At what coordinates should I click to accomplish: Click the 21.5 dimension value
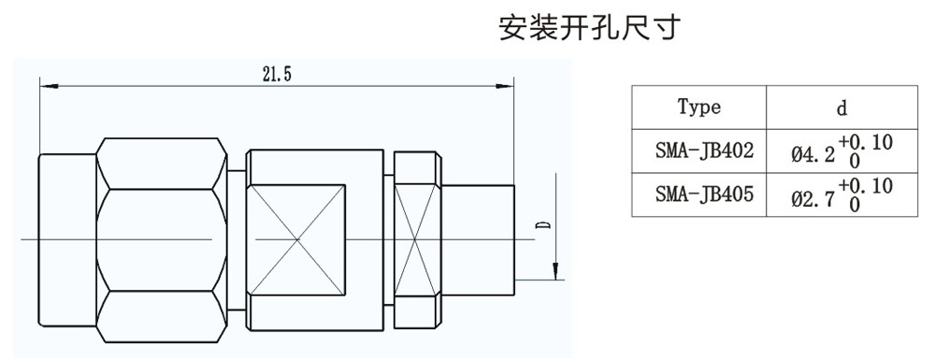click(276, 74)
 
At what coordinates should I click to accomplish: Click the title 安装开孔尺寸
click(589, 28)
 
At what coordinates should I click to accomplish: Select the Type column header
click(698, 108)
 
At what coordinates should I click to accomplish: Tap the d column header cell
click(841, 108)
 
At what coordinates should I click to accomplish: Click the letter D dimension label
click(543, 226)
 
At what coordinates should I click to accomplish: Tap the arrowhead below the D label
click(555, 271)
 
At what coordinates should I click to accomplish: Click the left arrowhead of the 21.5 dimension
click(49, 86)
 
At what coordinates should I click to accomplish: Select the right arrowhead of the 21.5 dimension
click(505, 86)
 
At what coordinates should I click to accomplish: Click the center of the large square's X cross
click(297, 240)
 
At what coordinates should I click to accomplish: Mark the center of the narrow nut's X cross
click(417, 240)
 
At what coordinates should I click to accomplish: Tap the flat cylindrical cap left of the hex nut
click(67, 240)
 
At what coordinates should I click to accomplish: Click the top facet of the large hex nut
click(161, 164)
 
